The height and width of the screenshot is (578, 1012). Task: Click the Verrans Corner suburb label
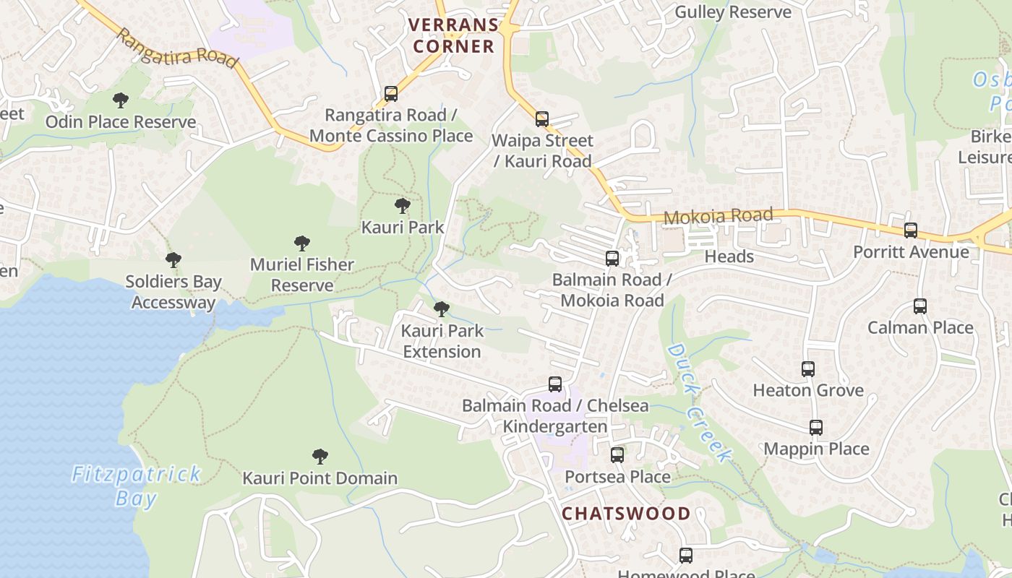click(453, 35)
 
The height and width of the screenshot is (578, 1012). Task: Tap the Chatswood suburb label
click(626, 514)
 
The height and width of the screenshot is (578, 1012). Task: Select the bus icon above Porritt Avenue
click(911, 230)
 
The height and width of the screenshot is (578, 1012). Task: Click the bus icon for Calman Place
click(919, 306)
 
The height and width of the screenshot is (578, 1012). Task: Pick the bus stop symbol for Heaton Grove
click(808, 369)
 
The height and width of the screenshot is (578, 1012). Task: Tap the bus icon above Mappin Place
click(816, 428)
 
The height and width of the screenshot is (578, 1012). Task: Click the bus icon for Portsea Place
click(617, 455)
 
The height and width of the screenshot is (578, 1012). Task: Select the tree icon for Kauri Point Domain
click(320, 457)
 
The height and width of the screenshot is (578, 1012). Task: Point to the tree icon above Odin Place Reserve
click(121, 100)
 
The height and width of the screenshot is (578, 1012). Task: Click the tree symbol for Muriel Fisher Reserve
click(302, 243)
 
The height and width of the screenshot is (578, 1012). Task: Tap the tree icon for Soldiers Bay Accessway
click(173, 260)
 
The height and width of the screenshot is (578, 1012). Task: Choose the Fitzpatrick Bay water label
click(137, 486)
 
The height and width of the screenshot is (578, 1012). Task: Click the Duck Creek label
click(698, 402)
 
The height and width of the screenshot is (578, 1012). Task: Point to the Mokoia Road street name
click(717, 215)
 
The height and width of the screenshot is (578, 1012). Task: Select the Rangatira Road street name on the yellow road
click(176, 48)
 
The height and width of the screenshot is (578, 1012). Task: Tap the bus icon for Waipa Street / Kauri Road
click(542, 119)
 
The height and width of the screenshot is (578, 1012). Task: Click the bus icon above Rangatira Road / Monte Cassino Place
click(391, 94)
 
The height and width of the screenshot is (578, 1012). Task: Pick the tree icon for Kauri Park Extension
click(442, 310)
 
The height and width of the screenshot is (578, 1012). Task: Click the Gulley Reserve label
click(732, 12)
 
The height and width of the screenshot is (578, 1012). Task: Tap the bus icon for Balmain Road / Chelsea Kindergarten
click(555, 384)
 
